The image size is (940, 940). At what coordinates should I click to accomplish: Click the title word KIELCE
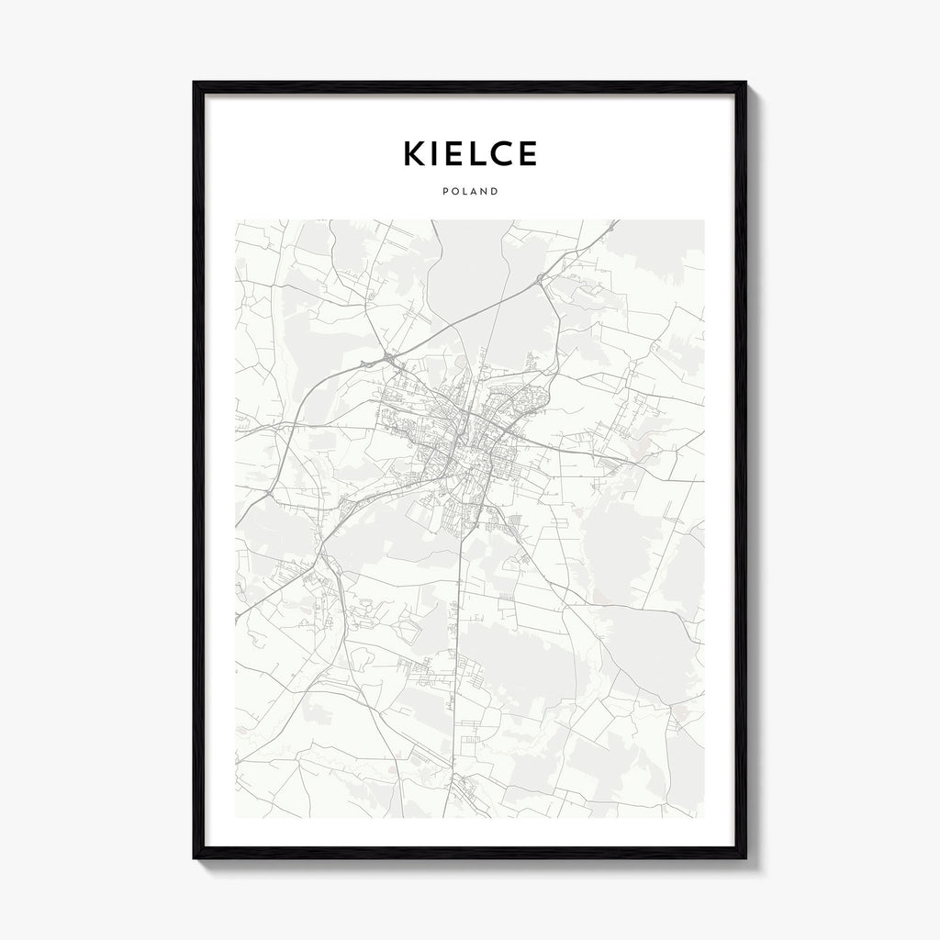[x=469, y=154]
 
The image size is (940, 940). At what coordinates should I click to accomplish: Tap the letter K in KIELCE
[x=415, y=154]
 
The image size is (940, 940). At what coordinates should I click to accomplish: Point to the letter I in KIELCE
[x=439, y=154]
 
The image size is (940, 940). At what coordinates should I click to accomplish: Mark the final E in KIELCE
[x=528, y=154]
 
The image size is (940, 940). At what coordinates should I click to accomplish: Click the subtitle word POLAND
[x=469, y=192]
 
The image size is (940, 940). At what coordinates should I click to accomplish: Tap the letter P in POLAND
[x=444, y=192]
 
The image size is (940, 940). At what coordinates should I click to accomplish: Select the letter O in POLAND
[x=453, y=192]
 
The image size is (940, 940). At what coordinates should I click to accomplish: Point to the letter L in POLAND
[x=464, y=192]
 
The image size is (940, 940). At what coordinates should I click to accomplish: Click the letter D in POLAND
[x=495, y=192]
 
